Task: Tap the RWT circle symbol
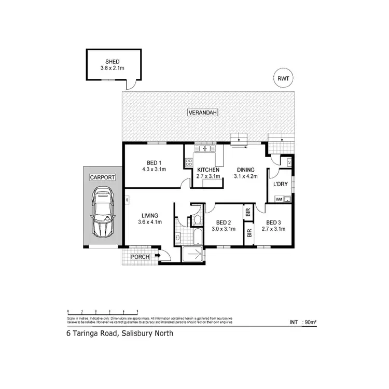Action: coord(283,78)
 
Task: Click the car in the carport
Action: coord(103,213)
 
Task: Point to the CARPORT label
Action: coord(103,177)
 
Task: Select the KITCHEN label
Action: coord(207,170)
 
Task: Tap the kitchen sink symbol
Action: coord(205,149)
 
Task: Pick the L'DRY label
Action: coord(281,184)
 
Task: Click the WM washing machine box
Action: coord(279,199)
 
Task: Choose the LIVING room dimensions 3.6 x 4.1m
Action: coord(151,222)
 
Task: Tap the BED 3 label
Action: coord(274,221)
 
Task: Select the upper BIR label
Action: coord(248,213)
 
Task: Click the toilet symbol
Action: coord(197,221)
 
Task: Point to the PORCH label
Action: coord(140,257)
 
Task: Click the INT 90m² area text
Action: coord(303,322)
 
